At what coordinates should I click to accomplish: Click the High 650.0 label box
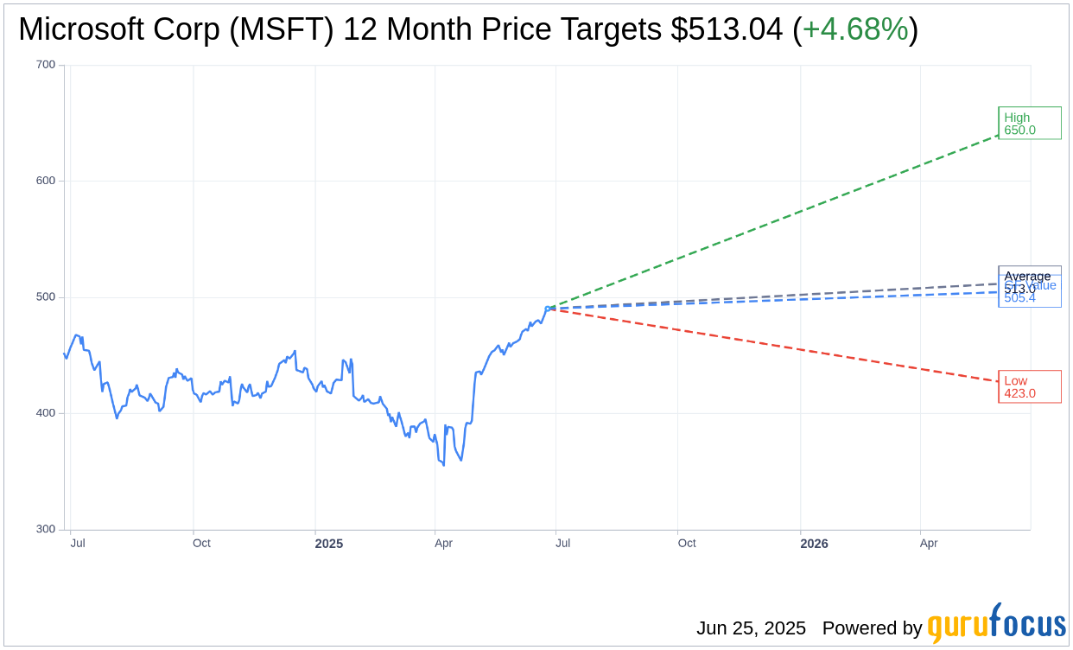coord(1029,124)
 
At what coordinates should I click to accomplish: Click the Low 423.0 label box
coord(1029,386)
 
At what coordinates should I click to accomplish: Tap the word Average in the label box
coord(1027,276)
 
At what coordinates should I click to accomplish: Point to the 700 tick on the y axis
coord(46,65)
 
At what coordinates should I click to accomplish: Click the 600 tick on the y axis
coord(46,181)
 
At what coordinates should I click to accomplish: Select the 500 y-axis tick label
coord(46,296)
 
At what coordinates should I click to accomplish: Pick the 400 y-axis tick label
coord(46,413)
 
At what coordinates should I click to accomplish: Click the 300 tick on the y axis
coord(46,529)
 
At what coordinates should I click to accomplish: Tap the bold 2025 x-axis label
coord(328,544)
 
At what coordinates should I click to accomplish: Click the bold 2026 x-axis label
coord(814,544)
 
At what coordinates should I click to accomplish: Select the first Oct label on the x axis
coord(201,544)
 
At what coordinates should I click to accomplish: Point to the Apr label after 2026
coord(929,544)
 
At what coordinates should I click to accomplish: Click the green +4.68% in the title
coord(855,29)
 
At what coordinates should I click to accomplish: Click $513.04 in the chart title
coord(727,29)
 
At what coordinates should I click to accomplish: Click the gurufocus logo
coord(996,624)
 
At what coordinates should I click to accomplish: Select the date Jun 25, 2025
coord(751,628)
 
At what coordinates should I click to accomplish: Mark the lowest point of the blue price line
coord(443,465)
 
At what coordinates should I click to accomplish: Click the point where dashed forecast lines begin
coord(549,308)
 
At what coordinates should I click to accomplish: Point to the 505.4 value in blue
coord(1019,298)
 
